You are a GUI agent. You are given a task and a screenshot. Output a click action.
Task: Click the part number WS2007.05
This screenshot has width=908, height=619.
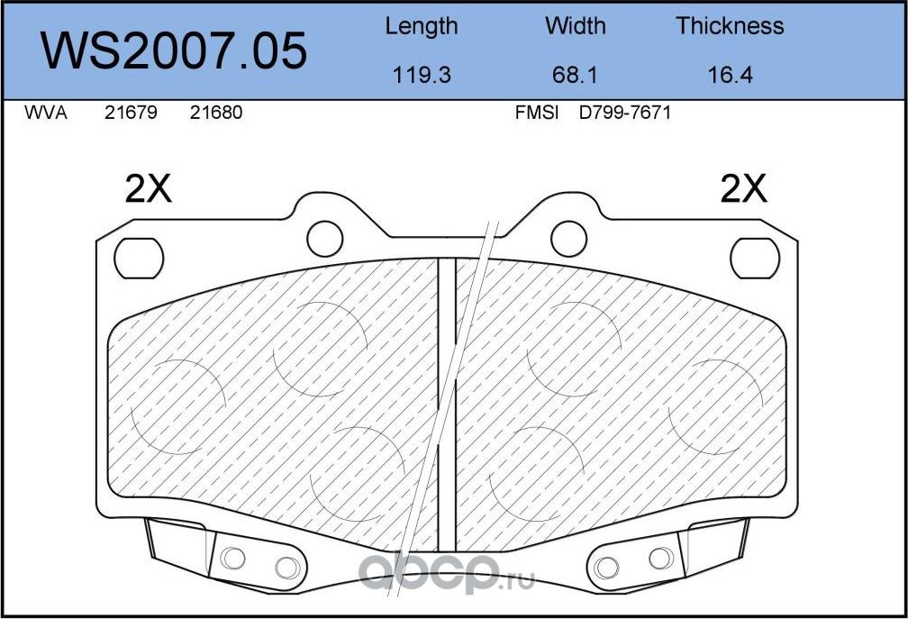point(173,51)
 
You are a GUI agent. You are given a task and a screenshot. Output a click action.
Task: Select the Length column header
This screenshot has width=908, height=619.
point(421,27)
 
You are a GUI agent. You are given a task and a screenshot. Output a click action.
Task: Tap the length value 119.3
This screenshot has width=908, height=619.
point(422,75)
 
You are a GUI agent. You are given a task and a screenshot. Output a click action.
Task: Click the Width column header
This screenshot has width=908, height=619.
point(575,25)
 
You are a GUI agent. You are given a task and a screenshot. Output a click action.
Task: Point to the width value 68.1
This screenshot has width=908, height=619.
point(575,75)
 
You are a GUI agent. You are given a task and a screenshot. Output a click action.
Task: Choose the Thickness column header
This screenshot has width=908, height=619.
point(730,25)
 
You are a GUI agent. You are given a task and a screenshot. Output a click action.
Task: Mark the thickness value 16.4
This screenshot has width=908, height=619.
point(731,75)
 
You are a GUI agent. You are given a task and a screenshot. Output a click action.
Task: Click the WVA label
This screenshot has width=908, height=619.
point(46,113)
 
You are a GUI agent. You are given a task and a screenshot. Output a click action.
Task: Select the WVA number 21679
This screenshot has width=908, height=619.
point(131,113)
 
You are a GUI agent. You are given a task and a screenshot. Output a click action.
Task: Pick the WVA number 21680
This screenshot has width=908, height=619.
point(216,113)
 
